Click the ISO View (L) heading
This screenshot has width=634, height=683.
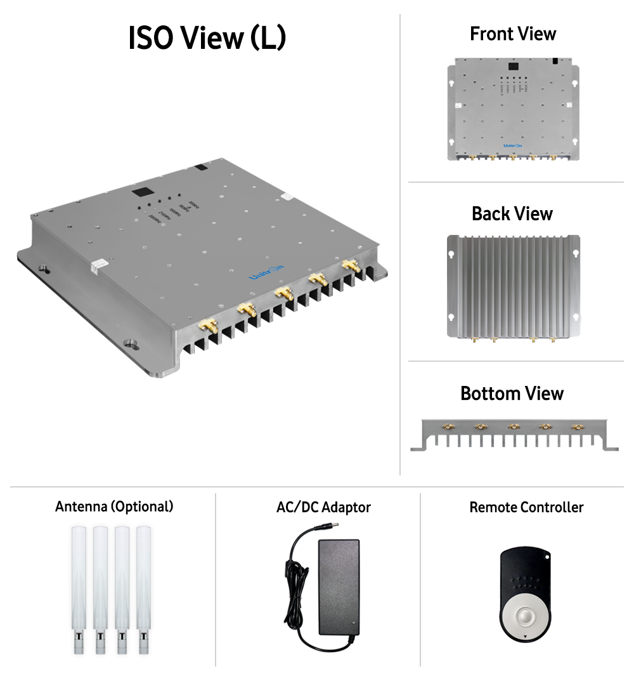click(x=207, y=38)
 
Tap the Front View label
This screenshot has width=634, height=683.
click(x=512, y=34)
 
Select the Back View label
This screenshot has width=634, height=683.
click(x=512, y=213)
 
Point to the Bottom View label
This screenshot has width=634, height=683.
click(x=512, y=394)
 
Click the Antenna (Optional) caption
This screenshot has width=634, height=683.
click(x=114, y=507)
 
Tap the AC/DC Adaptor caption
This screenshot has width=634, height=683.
click(x=323, y=507)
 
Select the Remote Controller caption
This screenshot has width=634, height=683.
click(x=526, y=507)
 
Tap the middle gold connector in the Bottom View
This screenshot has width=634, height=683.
click(x=514, y=426)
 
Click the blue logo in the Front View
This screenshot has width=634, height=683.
click(x=512, y=145)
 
